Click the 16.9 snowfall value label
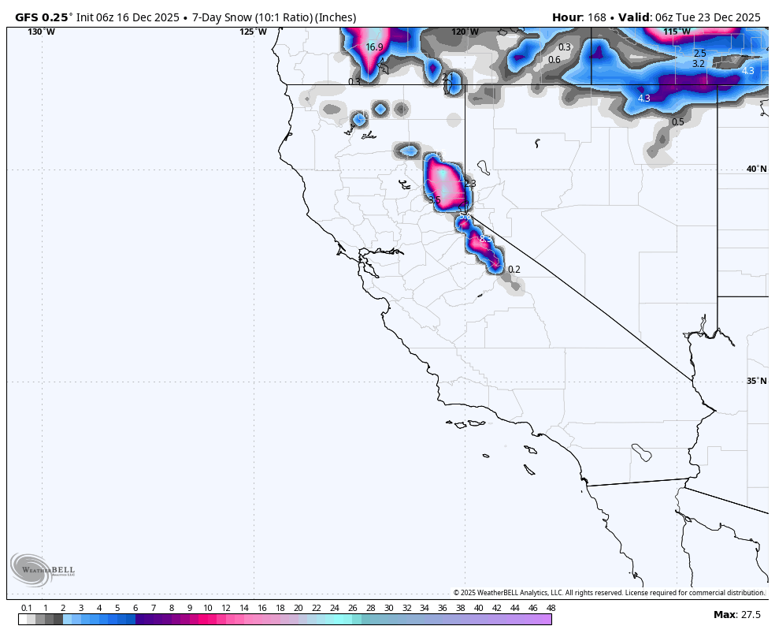coord(374,47)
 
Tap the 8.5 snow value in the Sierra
coord(485,239)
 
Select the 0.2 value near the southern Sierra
coord(514,270)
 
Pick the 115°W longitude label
coord(677,32)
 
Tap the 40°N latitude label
coord(756,169)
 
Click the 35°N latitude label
coord(756,381)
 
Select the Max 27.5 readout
coord(737,615)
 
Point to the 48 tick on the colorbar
coord(551,608)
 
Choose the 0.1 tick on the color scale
coord(27,608)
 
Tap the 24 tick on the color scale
coord(334,608)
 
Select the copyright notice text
coord(608,593)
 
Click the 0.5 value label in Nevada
coord(677,122)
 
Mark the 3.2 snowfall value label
coord(699,64)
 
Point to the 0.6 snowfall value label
coord(554,60)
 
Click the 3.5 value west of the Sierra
coord(434,200)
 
